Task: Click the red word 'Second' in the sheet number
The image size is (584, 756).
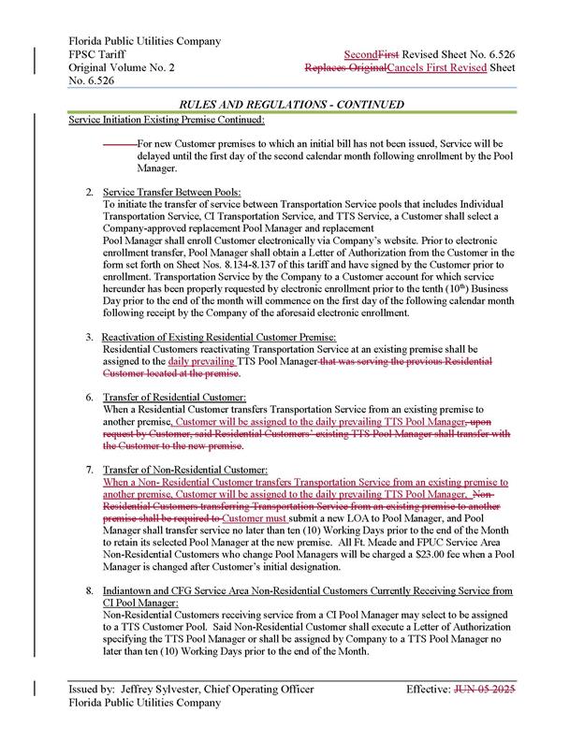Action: [360, 55]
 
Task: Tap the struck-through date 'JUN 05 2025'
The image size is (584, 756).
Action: [484, 718]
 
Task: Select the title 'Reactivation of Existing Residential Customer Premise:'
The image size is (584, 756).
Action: [218, 336]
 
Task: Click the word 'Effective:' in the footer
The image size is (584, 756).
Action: [429, 718]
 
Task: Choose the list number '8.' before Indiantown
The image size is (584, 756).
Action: [89, 590]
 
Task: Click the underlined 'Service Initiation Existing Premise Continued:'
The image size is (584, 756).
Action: [166, 121]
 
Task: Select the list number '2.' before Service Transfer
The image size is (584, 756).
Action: [89, 192]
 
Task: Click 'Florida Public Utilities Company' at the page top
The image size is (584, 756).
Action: [145, 42]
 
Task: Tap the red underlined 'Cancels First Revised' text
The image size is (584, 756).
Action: [454, 68]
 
